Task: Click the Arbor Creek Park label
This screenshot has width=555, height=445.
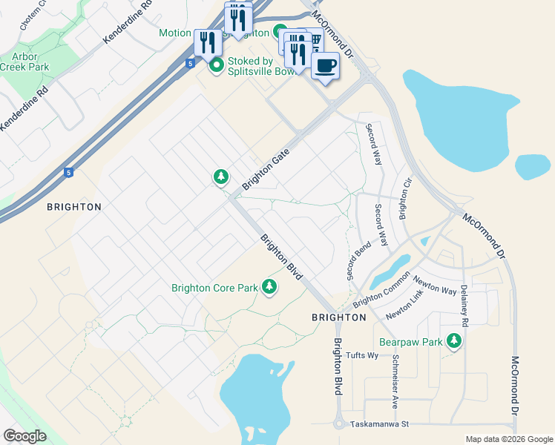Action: point(24,61)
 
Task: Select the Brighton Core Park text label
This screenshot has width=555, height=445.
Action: point(214,288)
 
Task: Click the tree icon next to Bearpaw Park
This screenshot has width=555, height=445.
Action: point(453,341)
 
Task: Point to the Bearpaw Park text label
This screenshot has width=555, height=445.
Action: point(410,342)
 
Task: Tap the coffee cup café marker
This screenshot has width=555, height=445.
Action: point(325,66)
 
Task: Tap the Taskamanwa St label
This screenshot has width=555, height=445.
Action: point(381,424)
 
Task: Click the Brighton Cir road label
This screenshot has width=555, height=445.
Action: point(405,199)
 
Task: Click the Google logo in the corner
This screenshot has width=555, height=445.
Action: point(25,435)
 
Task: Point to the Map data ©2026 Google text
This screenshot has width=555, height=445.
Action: point(508,439)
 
